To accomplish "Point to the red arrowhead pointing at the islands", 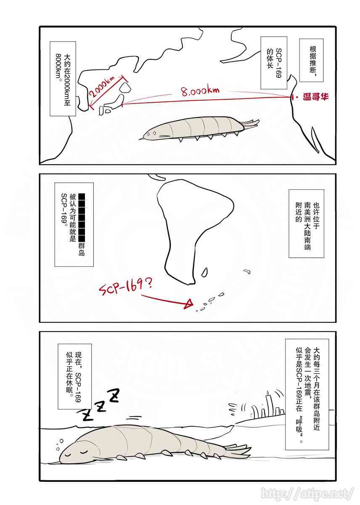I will pyautogui.click(x=190, y=303).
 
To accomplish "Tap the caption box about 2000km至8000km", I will pyautogui.click(x=63, y=79).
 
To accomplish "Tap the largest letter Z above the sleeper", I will pyautogui.click(x=114, y=396).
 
